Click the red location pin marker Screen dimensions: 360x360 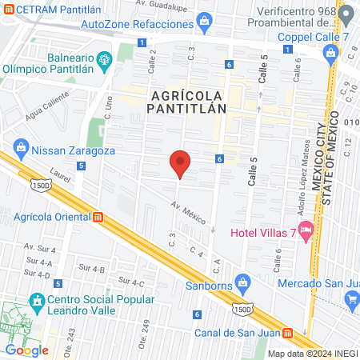[181, 163]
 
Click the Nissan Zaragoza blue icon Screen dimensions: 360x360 [20, 149]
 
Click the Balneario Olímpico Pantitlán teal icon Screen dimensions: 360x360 [103, 60]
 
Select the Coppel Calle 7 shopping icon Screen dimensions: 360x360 [330, 52]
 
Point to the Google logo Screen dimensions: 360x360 [26, 350]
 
